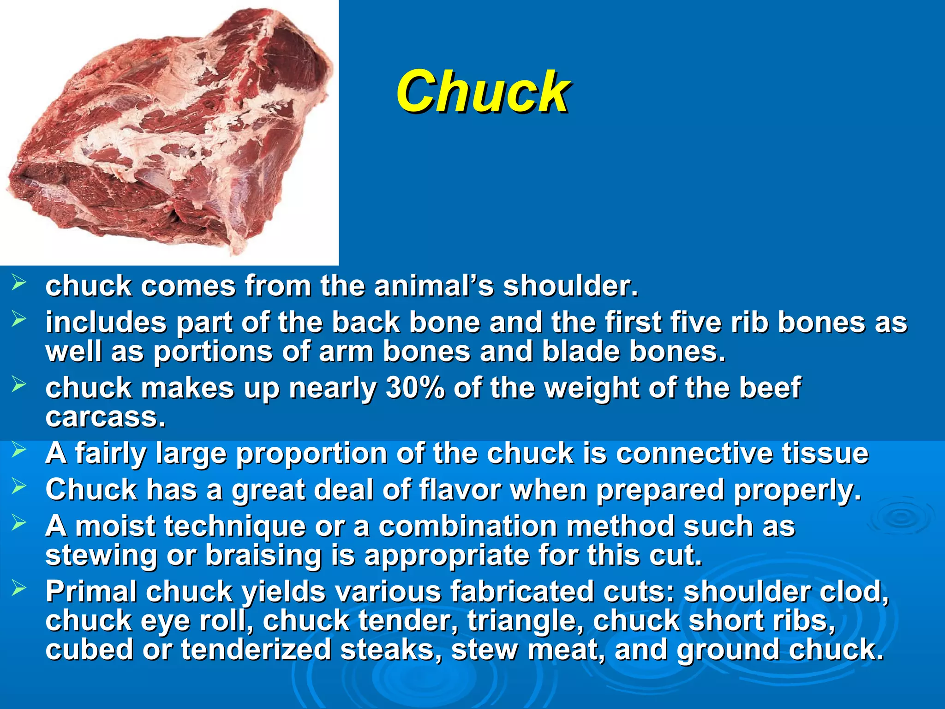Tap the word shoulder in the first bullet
tap(570, 286)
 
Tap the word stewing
tap(101, 555)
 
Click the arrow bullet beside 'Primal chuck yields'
tap(19, 588)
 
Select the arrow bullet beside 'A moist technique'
tap(19, 522)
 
